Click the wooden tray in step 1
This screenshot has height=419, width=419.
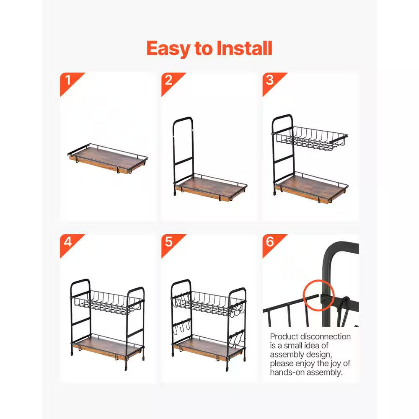click(x=108, y=158)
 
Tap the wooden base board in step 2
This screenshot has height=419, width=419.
click(x=211, y=187)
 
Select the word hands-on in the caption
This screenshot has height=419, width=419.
click(x=287, y=372)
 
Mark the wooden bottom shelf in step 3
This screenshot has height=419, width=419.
click(x=312, y=189)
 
